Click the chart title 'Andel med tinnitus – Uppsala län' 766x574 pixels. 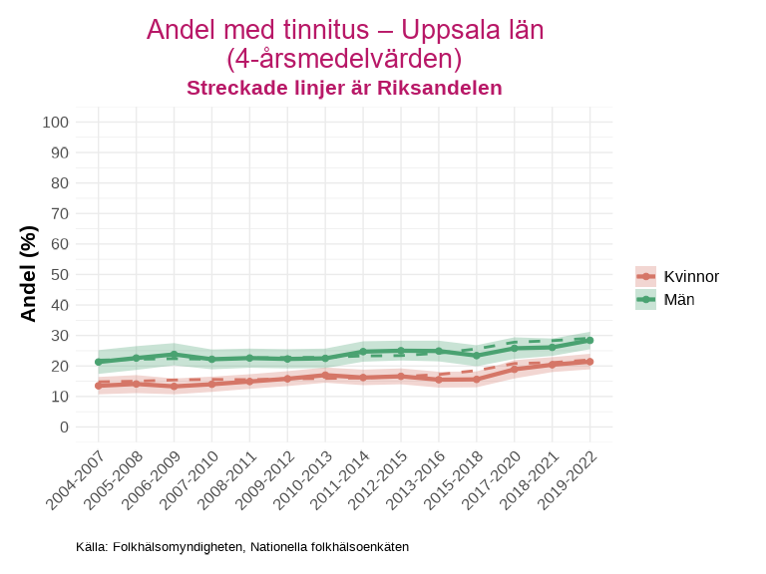click(x=344, y=30)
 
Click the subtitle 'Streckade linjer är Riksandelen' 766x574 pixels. click(x=344, y=88)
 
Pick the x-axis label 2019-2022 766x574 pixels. click(x=566, y=476)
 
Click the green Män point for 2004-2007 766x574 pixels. click(x=99, y=362)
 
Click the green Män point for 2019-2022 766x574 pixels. click(x=589, y=340)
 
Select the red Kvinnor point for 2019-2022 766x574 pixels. click(x=589, y=362)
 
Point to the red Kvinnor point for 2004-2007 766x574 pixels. click(x=99, y=386)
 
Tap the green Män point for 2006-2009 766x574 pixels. click(x=175, y=355)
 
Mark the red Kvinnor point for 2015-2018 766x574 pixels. click(x=477, y=380)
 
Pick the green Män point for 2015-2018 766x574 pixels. click(x=477, y=356)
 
